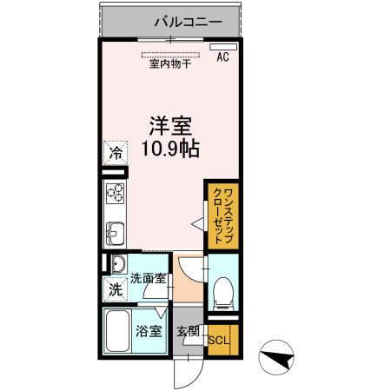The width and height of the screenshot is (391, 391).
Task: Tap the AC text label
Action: [222, 58]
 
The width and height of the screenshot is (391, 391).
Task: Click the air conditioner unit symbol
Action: [223, 46]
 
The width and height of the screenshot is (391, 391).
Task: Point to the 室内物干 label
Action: [171, 63]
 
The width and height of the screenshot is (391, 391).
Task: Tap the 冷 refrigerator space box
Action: [116, 151]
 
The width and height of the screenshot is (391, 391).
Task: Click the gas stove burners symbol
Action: [116, 192]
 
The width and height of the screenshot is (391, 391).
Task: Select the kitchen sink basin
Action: [116, 234]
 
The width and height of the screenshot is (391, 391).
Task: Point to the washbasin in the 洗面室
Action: [117, 264]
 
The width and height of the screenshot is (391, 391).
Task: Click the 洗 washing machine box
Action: [116, 289]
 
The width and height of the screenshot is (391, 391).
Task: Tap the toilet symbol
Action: [222, 292]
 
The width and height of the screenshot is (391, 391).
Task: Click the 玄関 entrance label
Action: [188, 331]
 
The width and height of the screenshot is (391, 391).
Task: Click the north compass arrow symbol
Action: [280, 356]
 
